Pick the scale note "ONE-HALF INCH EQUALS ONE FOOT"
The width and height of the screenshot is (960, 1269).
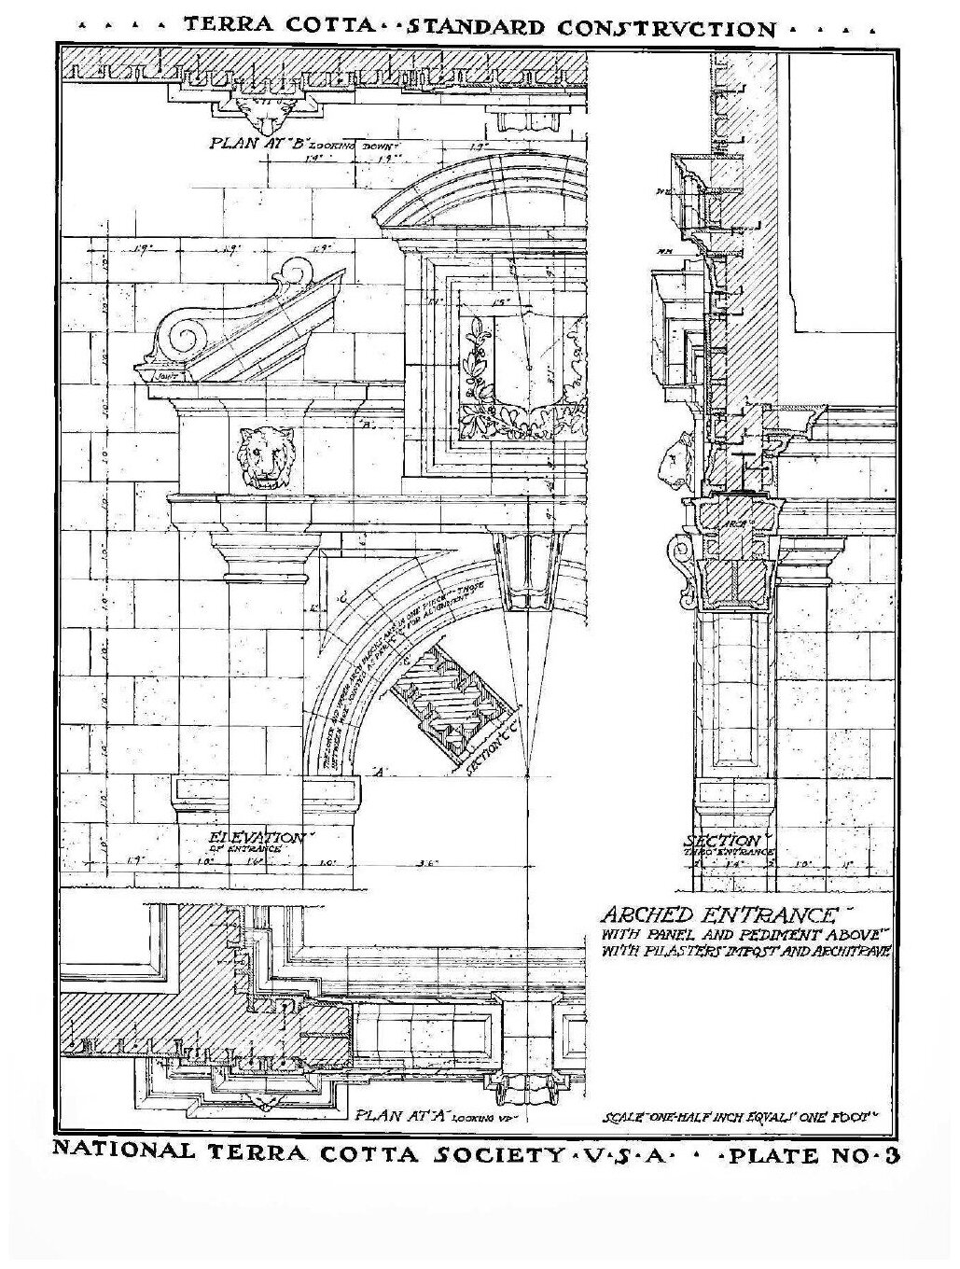742,1115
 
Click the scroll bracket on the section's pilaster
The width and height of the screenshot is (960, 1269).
685,568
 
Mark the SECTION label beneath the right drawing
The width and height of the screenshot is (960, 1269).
734,841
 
